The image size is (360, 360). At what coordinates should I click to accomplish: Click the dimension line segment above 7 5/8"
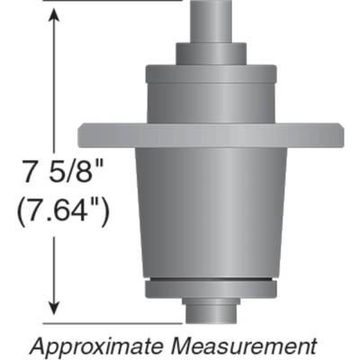pyautogui.click(x=58, y=90)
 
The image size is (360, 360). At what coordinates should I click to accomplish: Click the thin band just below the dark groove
pyautogui.click(x=211, y=293)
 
